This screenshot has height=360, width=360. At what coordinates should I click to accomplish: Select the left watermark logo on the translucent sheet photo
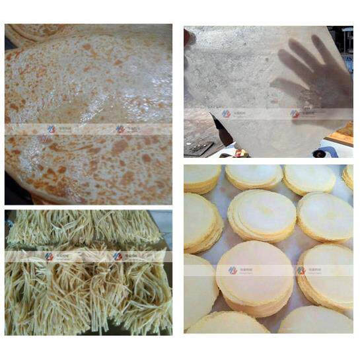(226, 114)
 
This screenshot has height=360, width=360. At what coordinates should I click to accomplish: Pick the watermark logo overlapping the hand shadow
(295, 114)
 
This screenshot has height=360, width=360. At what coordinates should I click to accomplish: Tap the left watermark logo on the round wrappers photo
(233, 270)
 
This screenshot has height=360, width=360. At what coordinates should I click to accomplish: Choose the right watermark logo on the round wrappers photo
(301, 270)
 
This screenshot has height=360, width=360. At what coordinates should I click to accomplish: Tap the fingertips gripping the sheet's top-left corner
(189, 38)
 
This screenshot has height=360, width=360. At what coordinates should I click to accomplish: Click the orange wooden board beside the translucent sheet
(342, 135)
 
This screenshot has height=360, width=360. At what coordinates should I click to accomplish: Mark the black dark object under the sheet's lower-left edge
(221, 131)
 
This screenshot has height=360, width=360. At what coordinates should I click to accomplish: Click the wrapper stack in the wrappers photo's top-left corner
(200, 178)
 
